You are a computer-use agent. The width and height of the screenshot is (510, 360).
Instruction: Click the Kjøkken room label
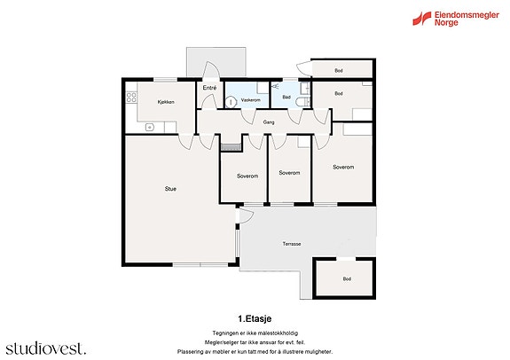point(166,102)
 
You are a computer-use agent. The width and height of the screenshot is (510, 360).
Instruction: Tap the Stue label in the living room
point(170,189)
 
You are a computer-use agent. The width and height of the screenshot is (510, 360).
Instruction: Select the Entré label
point(209,88)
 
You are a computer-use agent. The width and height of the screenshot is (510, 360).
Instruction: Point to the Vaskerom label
point(250,100)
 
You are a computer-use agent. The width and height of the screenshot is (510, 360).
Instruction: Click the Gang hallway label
point(269,122)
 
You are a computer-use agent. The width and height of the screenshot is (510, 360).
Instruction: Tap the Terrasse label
point(292,244)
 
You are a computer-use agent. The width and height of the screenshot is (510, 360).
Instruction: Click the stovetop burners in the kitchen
point(131,97)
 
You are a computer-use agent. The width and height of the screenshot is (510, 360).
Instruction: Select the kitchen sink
point(150,127)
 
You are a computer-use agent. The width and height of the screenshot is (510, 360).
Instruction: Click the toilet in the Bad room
point(302,102)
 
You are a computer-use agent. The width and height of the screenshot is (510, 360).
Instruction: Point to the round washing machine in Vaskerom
point(231,103)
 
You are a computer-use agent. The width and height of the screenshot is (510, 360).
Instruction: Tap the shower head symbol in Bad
point(276,86)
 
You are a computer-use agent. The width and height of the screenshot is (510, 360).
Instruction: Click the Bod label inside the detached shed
point(347,279)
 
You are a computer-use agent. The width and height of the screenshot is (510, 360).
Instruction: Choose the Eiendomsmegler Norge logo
point(456,19)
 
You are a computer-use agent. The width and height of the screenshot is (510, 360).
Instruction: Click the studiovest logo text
point(46,348)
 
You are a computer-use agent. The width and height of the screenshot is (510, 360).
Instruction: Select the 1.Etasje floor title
point(255,318)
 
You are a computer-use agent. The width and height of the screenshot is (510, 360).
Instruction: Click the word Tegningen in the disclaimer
point(224,333)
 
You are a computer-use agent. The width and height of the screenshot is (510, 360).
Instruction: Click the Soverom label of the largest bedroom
point(343,168)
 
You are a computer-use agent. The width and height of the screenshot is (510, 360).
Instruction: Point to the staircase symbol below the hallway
point(231,147)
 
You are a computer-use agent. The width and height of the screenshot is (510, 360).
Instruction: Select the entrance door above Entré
point(210,70)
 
